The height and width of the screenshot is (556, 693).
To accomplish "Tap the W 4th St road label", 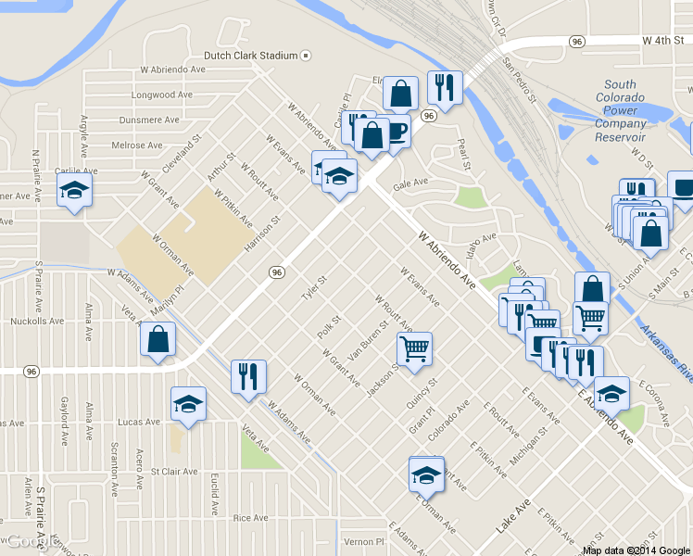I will coord(662,42).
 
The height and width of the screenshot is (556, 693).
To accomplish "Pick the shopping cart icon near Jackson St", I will coord(414,349).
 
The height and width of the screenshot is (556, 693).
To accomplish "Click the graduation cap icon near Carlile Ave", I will coord(75,192).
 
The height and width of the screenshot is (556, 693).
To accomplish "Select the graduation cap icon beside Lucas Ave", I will coord(188,404).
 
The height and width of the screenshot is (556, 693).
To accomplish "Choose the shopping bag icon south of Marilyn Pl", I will coord(157,339).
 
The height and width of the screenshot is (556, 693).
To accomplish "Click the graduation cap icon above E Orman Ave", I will coord(427,474).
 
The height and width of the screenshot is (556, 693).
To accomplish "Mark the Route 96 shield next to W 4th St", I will coord(577,42).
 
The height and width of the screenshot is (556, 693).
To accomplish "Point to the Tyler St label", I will coord(315,288).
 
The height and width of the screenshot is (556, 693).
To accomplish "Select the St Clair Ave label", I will coord(174,472).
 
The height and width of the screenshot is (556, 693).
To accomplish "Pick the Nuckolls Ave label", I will coord(37,322).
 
